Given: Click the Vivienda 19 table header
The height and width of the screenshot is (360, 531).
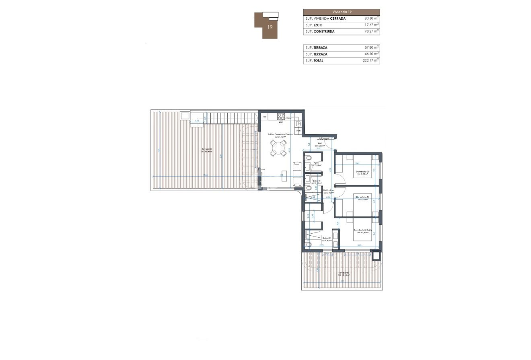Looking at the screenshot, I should [341, 12].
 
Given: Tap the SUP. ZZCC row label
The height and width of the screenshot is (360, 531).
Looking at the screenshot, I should [315, 25].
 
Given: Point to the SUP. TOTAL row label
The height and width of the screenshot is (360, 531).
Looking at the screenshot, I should [315, 61].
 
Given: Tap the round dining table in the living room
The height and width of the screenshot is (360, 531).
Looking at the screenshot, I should [277, 150].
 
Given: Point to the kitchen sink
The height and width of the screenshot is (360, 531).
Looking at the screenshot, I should [298, 123].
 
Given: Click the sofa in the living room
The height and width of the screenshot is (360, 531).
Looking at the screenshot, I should [298, 174].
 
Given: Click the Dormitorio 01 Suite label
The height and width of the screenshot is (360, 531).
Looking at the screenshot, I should [362, 230].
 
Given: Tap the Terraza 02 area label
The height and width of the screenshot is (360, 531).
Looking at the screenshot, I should [343, 274].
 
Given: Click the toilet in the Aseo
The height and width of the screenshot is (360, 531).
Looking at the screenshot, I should [308, 165].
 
